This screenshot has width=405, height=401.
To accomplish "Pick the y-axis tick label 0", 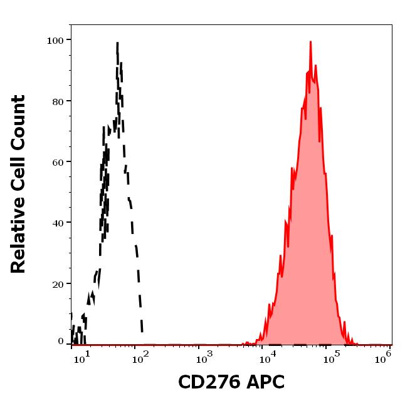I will click(x=61, y=342).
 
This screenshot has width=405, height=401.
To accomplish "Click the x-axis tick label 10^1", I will click(x=83, y=357).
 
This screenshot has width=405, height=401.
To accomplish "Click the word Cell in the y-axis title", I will click(x=18, y=176).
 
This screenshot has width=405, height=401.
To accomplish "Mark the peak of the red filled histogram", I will click(x=310, y=43).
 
